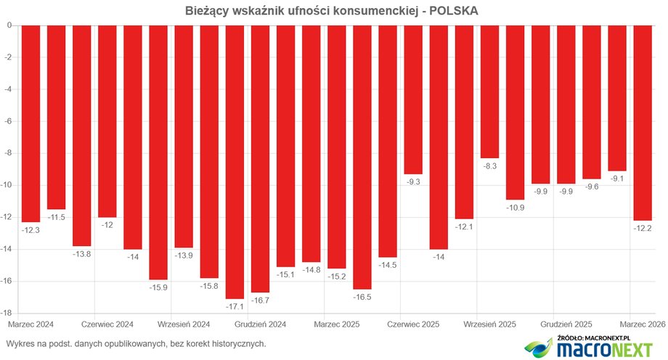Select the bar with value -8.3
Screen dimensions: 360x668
click(489, 91)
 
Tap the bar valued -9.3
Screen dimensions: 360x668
click(413, 99)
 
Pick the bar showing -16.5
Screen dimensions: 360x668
click(362, 156)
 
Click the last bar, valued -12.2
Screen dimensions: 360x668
click(643, 122)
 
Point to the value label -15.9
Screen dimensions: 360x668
click(158, 287)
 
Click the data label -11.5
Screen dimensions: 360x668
click(57, 217)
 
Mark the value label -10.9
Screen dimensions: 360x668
click(515, 208)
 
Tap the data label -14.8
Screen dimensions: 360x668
click(311, 270)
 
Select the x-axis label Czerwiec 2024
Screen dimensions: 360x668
click(107, 324)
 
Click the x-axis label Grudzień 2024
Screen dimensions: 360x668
click(260, 324)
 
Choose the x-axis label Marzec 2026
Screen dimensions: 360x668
click(640, 324)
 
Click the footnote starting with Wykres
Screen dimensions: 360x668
click(136, 343)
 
